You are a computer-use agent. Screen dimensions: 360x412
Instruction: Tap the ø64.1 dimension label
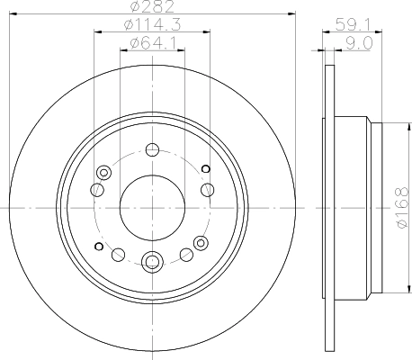[x=151, y=42]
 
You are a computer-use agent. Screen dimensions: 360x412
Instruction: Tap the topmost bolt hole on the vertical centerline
[x=151, y=149]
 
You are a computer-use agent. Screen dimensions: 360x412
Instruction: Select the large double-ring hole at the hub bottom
[x=151, y=262]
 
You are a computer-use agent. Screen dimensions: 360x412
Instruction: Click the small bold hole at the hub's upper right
[x=205, y=169]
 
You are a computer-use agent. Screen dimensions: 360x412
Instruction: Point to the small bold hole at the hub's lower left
[x=97, y=244]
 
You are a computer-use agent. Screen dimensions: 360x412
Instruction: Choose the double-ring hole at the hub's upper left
[x=104, y=171]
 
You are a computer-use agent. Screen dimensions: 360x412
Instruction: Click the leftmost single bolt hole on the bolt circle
[x=95, y=190]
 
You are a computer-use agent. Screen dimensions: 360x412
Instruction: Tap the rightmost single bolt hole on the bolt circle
[x=208, y=189]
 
